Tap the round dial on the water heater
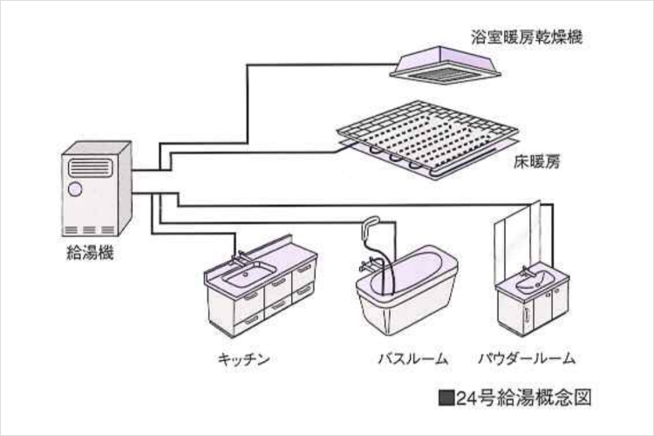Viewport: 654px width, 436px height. pyautogui.click(x=75, y=187)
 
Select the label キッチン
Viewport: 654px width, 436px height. pyautogui.click(x=246, y=358)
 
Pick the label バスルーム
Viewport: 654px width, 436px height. pyautogui.click(x=412, y=358)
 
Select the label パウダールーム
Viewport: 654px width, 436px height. pyautogui.click(x=528, y=358)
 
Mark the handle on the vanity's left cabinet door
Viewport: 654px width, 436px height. pyautogui.click(x=525, y=311)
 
